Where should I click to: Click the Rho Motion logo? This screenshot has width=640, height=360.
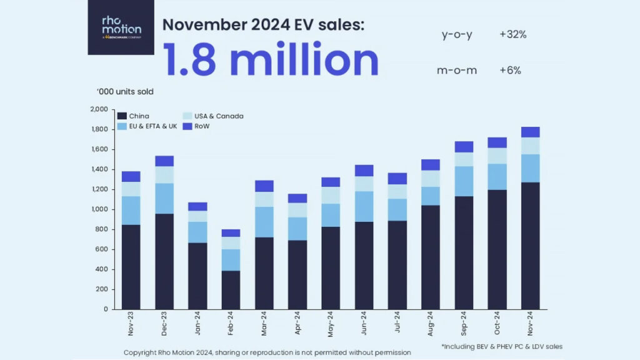point(121,27)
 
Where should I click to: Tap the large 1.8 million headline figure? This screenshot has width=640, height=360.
point(270,61)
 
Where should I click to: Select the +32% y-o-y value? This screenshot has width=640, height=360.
point(512,35)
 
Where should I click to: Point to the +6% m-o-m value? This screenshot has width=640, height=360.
point(510,70)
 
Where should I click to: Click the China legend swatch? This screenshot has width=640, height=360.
point(122,116)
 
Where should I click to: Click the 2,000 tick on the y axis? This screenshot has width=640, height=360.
point(99,109)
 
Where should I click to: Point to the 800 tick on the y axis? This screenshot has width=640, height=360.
point(102,229)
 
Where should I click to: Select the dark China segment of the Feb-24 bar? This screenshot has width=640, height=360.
point(230,290)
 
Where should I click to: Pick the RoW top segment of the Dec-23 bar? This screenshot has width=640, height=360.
point(164,161)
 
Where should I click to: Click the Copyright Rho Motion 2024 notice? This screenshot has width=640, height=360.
point(267,352)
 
